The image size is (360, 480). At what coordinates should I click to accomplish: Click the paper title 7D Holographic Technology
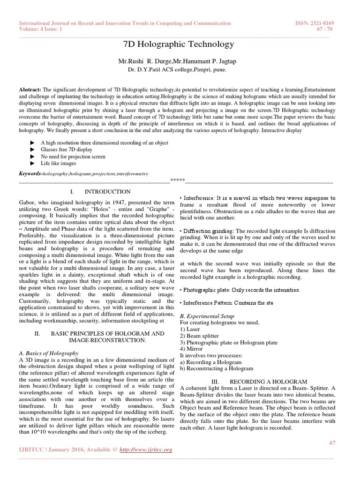click(178, 45)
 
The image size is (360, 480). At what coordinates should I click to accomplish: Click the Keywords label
click(30, 173)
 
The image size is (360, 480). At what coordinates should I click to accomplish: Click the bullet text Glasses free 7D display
click(67, 150)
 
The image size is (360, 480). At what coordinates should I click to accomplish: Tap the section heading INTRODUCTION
click(107, 192)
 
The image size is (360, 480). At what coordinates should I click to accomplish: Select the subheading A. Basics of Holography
click(49, 353)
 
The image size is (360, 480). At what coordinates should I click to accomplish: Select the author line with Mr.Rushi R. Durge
click(178, 61)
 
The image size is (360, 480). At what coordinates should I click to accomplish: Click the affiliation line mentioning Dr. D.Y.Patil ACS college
click(177, 69)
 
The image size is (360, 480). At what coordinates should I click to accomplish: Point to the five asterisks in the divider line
click(177, 180)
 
